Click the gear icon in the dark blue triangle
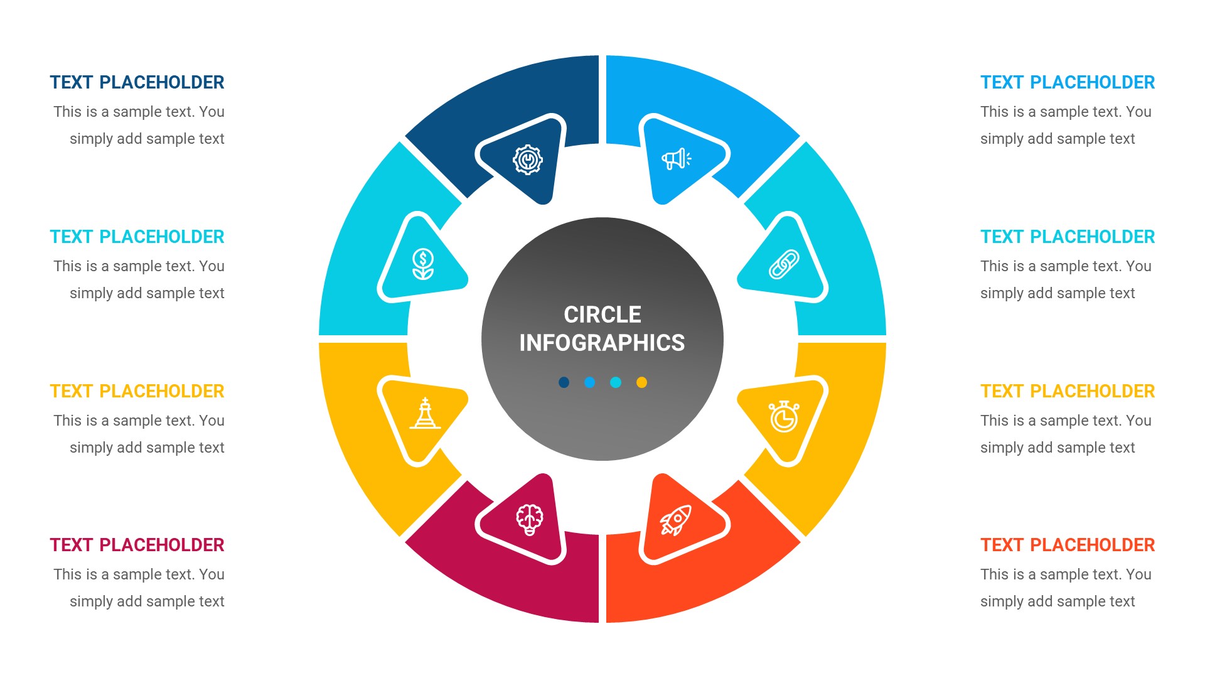tap(527, 160)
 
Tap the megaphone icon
tap(676, 159)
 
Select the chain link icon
tap(784, 264)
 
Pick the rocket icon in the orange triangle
tap(675, 520)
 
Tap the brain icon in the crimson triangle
tap(529, 520)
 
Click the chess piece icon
tap(425, 414)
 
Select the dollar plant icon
tap(423, 264)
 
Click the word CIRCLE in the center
tap(602, 315)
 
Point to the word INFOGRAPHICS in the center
tap(602, 343)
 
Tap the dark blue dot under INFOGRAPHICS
tap(564, 382)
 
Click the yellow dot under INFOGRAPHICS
tap(641, 382)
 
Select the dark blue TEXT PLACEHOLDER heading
tap(137, 82)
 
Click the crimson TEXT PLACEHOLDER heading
tap(137, 545)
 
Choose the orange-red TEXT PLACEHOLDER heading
tap(1067, 545)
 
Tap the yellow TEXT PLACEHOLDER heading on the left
tap(137, 391)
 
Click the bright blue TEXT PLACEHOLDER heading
tap(1067, 82)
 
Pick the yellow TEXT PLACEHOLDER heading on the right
tap(1067, 391)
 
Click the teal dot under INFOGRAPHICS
tap(616, 382)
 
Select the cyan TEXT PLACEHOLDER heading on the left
tap(137, 237)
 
